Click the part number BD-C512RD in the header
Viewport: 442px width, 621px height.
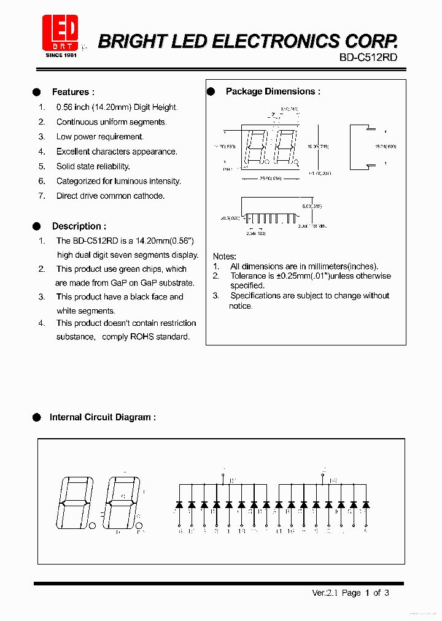(368, 57)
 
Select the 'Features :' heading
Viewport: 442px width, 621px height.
(73, 92)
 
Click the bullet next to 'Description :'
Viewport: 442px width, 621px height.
(37, 226)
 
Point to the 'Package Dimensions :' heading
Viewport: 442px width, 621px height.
(273, 91)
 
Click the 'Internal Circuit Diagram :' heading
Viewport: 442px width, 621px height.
(102, 417)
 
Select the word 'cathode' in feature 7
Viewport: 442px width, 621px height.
(150, 196)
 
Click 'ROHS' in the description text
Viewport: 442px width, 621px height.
(142, 337)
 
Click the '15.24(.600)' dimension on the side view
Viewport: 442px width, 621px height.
(385, 147)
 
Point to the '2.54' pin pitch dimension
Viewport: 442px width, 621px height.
(253, 233)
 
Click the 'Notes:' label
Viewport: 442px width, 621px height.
(224, 256)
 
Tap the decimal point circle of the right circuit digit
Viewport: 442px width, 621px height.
(139, 525)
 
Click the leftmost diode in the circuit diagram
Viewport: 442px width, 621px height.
(179, 504)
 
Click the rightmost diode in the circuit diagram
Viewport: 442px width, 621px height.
(365, 504)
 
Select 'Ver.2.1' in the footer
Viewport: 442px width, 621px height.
(325, 593)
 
